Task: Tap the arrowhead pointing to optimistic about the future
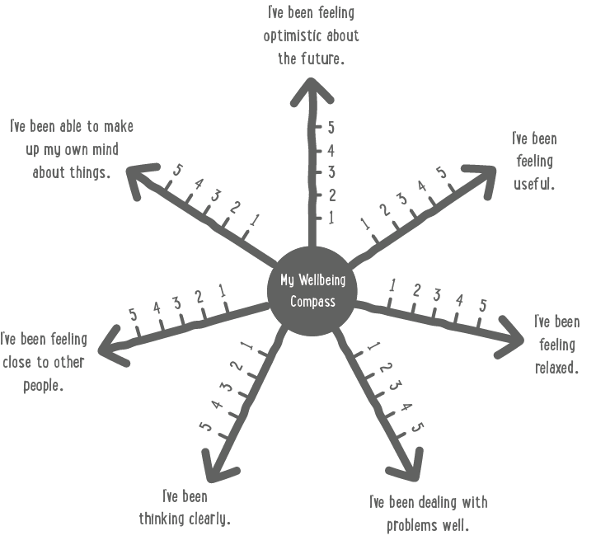click(x=311, y=88)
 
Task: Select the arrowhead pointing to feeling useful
click(x=486, y=173)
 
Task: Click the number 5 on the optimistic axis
click(x=331, y=128)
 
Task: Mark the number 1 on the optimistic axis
click(x=331, y=218)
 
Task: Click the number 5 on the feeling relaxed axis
click(x=483, y=306)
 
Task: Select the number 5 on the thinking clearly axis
click(x=205, y=427)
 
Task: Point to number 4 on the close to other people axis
click(x=155, y=309)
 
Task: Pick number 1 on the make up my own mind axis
click(x=255, y=220)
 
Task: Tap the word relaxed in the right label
click(x=556, y=367)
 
